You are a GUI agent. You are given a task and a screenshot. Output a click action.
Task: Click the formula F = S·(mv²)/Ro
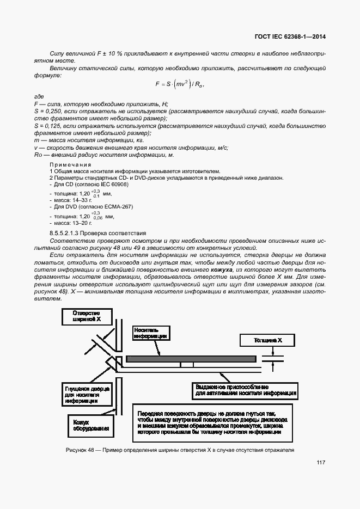pos(180,84)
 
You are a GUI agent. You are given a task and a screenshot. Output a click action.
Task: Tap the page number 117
pos(320,463)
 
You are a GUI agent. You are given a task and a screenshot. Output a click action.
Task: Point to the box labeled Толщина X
pos(267,340)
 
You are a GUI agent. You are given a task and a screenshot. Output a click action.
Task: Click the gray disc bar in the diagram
pos(191,359)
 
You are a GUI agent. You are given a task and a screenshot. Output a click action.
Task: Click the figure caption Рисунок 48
pos(180,450)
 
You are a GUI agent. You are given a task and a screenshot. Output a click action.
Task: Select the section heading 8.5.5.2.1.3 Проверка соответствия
pos(98,233)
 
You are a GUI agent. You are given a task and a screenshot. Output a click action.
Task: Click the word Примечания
pos(70,164)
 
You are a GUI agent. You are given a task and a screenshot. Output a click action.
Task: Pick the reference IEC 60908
pos(113,185)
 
